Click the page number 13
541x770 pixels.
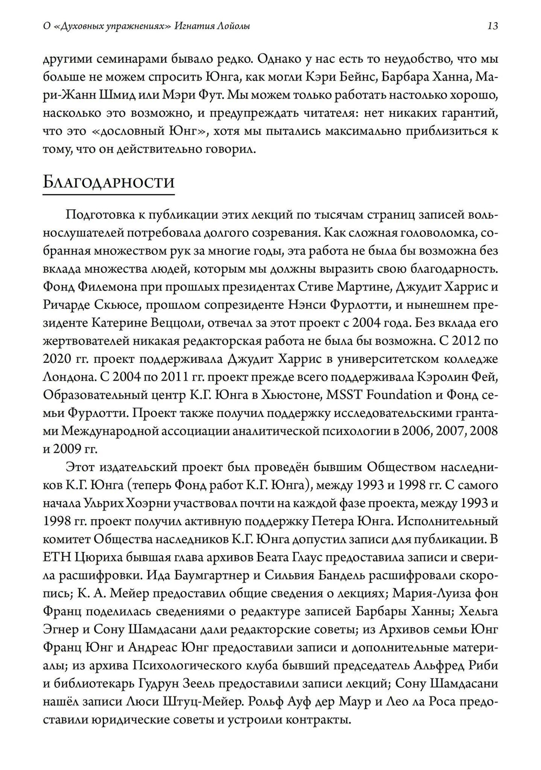(x=492, y=25)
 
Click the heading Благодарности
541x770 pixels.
(x=108, y=182)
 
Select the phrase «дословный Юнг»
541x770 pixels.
(x=137, y=131)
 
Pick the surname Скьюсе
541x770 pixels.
(x=119, y=304)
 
